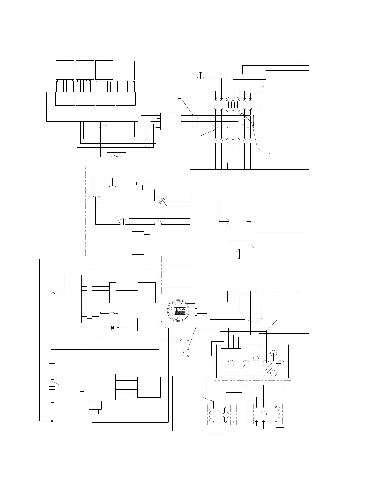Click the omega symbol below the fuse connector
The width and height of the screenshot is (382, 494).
[x=268, y=153]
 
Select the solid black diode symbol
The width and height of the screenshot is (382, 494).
[x=113, y=328]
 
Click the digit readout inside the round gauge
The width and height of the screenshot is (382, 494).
[x=180, y=312]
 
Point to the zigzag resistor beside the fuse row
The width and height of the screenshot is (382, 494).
[x=242, y=114]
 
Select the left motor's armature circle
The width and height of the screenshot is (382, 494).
[x=225, y=414]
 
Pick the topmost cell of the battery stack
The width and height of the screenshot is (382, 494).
[x=52, y=365]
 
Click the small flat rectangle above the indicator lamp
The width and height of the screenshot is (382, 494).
[x=142, y=183]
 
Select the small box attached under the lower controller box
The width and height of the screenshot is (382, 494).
[x=95, y=405]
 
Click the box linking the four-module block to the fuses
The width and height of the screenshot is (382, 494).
[x=170, y=121]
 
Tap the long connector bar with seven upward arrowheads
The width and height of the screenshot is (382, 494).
[x=233, y=141]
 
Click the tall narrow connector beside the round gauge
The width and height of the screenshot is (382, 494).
[x=208, y=311]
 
